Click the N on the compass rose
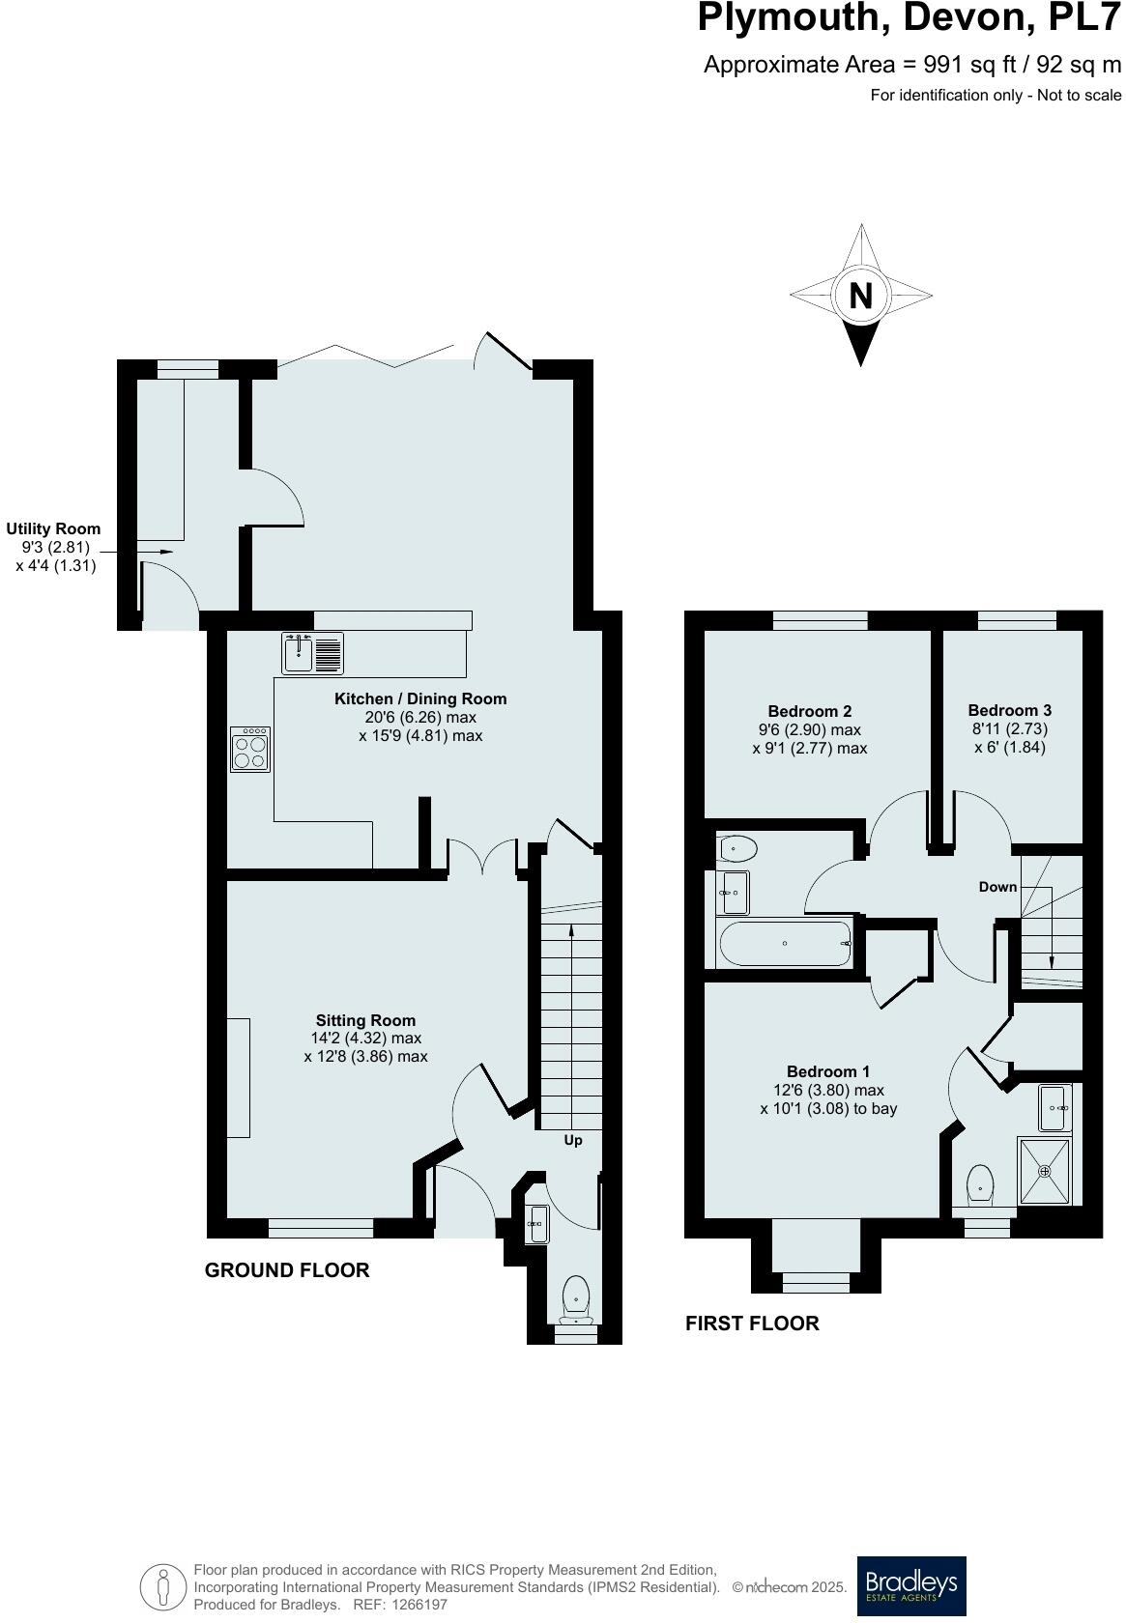tap(860, 295)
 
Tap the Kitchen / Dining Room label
tap(420, 698)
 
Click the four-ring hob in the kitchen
tap(250, 750)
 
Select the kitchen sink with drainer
tap(312, 653)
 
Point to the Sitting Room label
tap(365, 1020)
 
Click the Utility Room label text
tap(53, 528)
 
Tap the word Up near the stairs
tap(573, 1140)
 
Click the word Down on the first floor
tap(997, 887)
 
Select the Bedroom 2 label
tap(809, 711)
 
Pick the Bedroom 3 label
tap(1009, 709)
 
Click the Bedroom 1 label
tap(828, 1071)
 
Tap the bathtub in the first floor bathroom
tap(784, 944)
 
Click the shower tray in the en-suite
tap(1045, 1171)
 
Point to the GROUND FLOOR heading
tap(287, 1270)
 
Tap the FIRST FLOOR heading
tap(752, 1324)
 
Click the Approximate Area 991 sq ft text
tap(911, 65)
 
